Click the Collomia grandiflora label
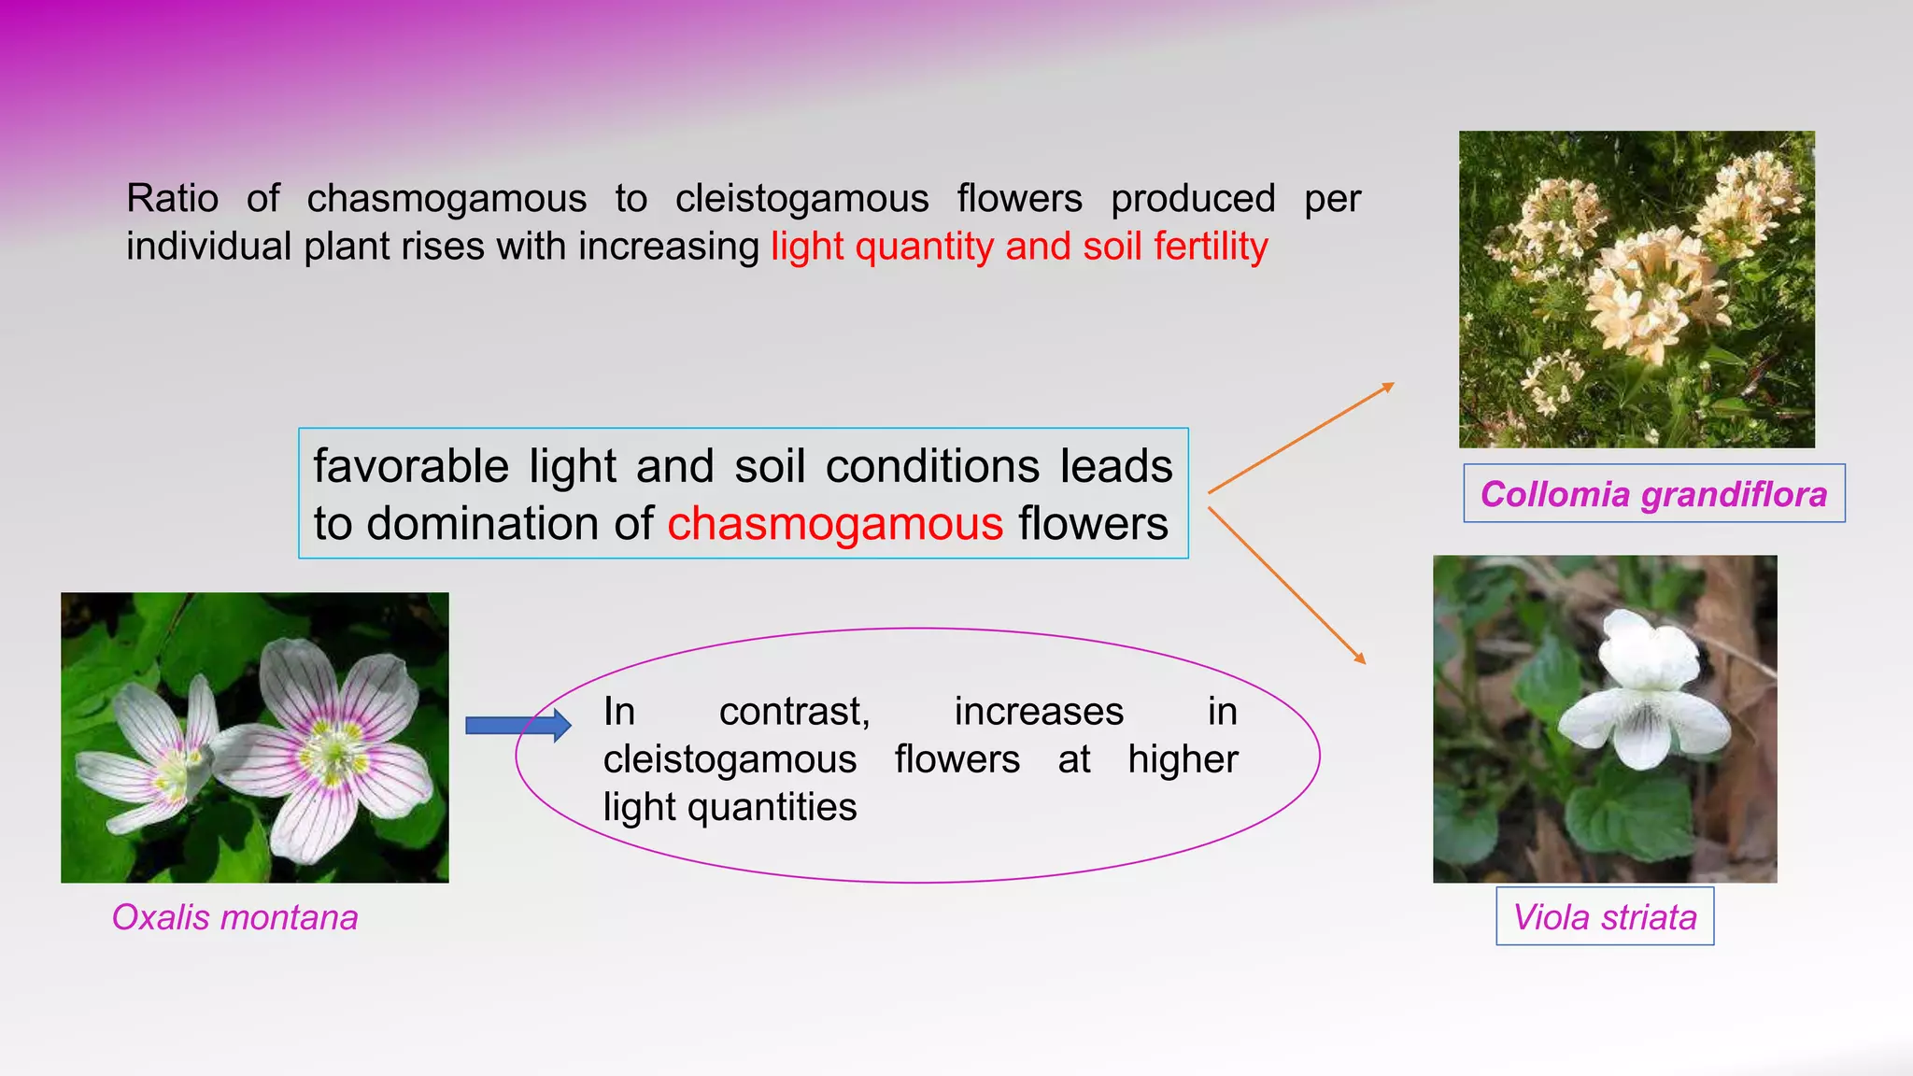[x=1653, y=494]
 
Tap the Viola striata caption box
[x=1605, y=917]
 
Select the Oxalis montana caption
[x=234, y=917]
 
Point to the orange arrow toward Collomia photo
[x=1300, y=437]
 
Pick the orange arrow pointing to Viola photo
[x=1287, y=586]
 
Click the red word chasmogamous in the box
[x=835, y=523]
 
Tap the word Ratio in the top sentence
[x=173, y=198]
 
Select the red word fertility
[x=1211, y=247]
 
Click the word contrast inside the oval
[x=794, y=712]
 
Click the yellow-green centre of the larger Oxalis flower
[x=332, y=747]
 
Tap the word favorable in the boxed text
[x=411, y=466]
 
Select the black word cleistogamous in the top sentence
[x=801, y=198]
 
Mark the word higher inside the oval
[x=1183, y=759]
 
